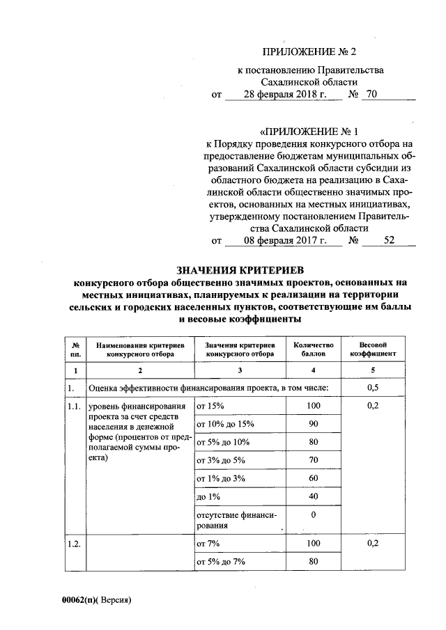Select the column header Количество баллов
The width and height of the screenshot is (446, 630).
point(314,349)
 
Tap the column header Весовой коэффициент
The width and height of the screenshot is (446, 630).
point(372,349)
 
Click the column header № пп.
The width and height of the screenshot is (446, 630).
point(74,349)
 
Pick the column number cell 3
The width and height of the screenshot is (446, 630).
point(240,370)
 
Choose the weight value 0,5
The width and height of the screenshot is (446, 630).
point(372,388)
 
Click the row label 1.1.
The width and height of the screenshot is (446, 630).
point(75,406)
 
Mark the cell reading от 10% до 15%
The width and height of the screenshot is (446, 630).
point(226,423)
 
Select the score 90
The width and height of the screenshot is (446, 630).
point(314,423)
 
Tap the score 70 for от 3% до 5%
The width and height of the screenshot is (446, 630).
point(314,459)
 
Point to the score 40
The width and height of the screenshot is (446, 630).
point(314,496)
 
